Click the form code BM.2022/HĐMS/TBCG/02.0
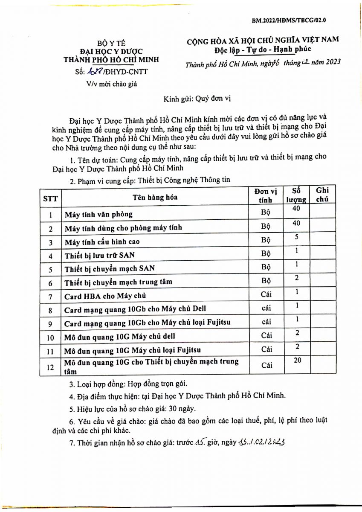(x=289, y=20)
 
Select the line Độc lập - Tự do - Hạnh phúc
(x=263, y=50)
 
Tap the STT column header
(x=51, y=198)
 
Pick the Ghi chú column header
(x=322, y=195)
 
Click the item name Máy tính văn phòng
(x=98, y=214)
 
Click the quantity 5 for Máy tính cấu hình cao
(x=296, y=236)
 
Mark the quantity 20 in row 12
(x=297, y=361)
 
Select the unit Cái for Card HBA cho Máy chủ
(x=266, y=294)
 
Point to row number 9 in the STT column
(x=51, y=323)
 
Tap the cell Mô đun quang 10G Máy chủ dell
(x=119, y=337)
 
